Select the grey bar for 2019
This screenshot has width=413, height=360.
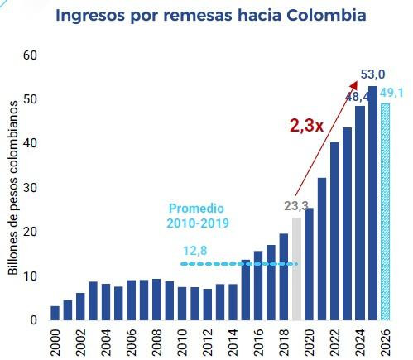[296, 269]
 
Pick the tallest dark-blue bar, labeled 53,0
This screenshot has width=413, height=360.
[372, 203]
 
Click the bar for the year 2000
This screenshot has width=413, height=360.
[55, 313]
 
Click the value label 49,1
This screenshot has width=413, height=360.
[391, 92]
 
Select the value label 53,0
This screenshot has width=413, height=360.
[372, 75]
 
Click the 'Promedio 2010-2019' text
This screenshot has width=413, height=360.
[199, 215]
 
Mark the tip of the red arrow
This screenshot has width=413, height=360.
[357, 81]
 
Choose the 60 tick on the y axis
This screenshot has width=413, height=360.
[30, 55]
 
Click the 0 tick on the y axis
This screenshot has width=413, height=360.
[33, 320]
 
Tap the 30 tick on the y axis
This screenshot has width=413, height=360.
[30, 188]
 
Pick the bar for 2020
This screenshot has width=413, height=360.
[309, 264]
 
